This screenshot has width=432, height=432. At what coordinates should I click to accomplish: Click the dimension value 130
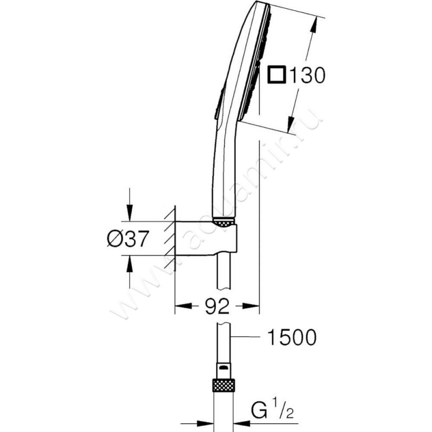[306, 76]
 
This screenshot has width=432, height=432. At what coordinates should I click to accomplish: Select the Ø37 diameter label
[127, 239]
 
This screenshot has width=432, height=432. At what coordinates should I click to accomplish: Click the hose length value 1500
[291, 338]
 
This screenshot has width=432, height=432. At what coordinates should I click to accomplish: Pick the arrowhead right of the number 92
[251, 307]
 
